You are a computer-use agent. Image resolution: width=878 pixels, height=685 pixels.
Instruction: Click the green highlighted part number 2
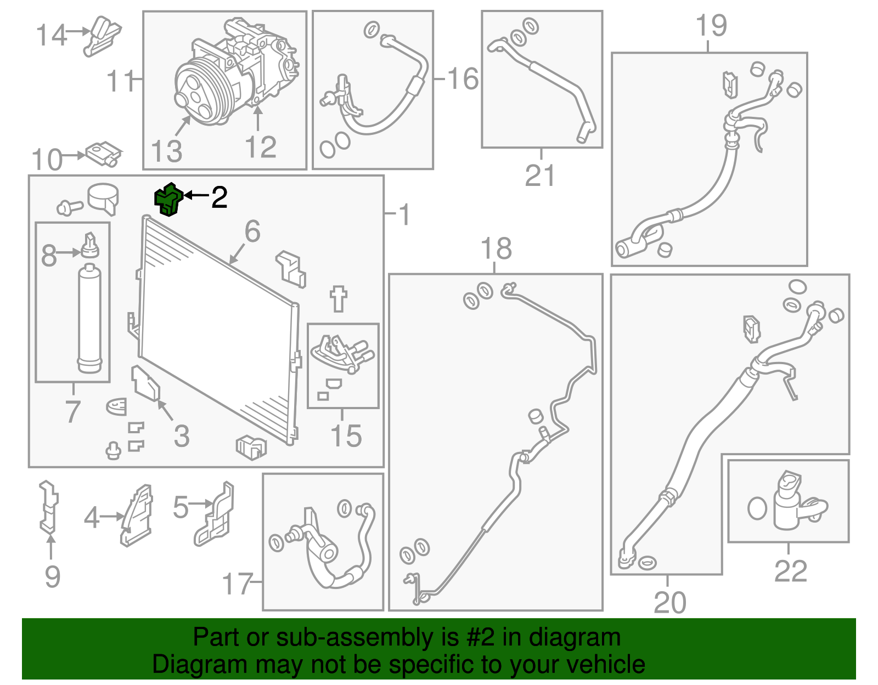[168, 199]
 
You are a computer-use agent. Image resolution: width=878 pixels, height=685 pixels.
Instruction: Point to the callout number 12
[261, 147]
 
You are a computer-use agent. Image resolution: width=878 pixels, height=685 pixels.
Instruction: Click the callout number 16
[463, 79]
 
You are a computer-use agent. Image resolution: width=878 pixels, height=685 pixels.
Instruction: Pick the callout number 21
[540, 176]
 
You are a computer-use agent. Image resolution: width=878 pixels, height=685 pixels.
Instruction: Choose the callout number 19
[711, 26]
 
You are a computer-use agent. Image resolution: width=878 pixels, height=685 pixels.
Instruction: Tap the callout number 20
[669, 603]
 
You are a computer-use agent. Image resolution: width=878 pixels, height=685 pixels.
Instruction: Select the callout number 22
[791, 571]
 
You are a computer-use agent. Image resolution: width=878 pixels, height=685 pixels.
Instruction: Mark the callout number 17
[237, 584]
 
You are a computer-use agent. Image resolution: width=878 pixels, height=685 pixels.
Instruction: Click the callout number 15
[346, 436]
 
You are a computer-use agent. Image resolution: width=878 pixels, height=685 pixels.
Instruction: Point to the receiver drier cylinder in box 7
[89, 318]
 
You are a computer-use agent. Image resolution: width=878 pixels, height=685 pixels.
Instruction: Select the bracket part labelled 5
[215, 514]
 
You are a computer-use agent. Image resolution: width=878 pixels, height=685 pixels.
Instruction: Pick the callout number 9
[52, 576]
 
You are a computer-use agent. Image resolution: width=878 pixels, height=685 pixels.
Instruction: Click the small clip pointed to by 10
[103, 154]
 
